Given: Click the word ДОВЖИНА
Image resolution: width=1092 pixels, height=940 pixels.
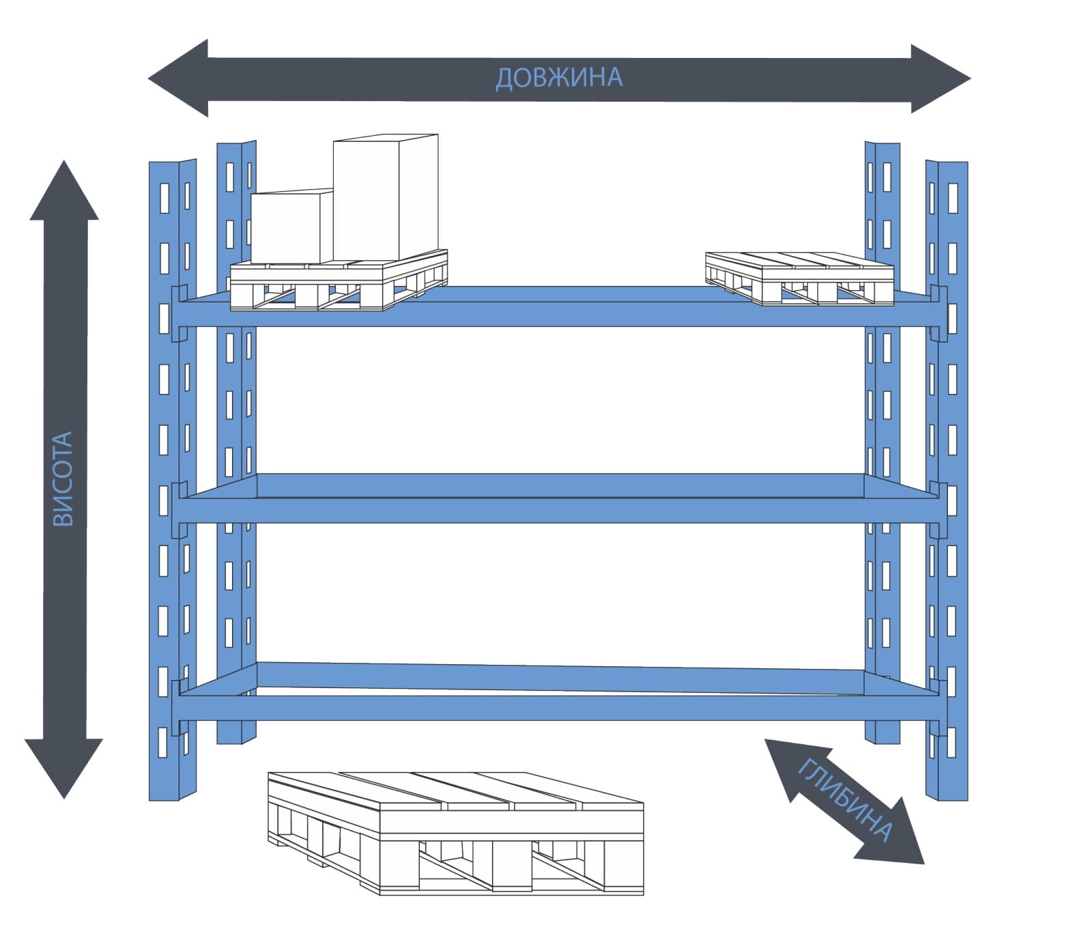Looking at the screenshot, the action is tap(559, 77).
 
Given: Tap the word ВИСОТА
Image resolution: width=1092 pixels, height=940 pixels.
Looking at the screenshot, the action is tap(63, 479).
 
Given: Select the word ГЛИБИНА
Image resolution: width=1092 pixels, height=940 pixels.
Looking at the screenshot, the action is tap(845, 801).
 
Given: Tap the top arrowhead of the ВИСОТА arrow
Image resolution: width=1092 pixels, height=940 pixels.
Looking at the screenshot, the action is tap(64, 191).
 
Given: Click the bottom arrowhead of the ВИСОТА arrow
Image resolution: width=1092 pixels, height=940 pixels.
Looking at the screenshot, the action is tap(64, 768).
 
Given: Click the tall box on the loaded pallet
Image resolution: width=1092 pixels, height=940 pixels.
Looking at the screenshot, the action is tap(385, 198).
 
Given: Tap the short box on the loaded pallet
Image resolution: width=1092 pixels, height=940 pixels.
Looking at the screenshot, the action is tap(292, 226).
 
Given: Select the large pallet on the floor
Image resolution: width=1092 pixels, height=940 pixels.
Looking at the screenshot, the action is tap(456, 833).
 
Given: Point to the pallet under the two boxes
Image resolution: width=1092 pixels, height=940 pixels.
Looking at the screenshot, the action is tap(339, 281).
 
